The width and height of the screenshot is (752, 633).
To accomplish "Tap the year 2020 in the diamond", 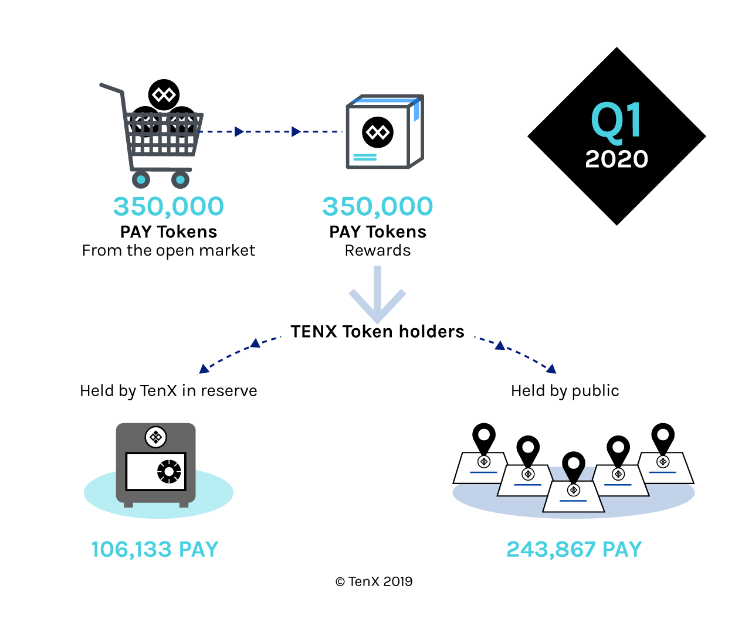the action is [616, 159].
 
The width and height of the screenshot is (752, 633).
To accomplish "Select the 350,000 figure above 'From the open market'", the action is [168, 206].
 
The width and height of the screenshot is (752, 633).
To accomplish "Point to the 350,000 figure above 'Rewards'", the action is [378, 206].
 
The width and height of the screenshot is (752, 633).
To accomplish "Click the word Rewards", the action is [378, 250].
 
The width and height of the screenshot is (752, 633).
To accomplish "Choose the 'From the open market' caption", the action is [168, 250].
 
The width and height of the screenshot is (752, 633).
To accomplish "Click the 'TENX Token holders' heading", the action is [377, 332].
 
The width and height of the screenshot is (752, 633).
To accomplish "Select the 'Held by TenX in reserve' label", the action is [168, 391].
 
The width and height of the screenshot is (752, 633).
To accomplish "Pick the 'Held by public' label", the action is [565, 391].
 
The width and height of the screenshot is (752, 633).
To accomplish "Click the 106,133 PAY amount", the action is [155, 549].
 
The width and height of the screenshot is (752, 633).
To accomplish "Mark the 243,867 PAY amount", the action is [574, 549].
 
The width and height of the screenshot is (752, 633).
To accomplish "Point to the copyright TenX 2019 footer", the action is [374, 581].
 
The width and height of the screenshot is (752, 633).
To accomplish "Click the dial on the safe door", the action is [169, 471].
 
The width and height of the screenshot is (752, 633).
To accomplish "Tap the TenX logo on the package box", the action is [378, 132].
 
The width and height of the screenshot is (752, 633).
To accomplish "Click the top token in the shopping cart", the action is [164, 94].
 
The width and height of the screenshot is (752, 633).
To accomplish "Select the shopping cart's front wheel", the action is [180, 179].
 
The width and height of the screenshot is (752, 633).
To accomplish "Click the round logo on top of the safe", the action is [155, 437].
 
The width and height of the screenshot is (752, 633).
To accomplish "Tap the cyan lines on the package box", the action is [365, 157].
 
